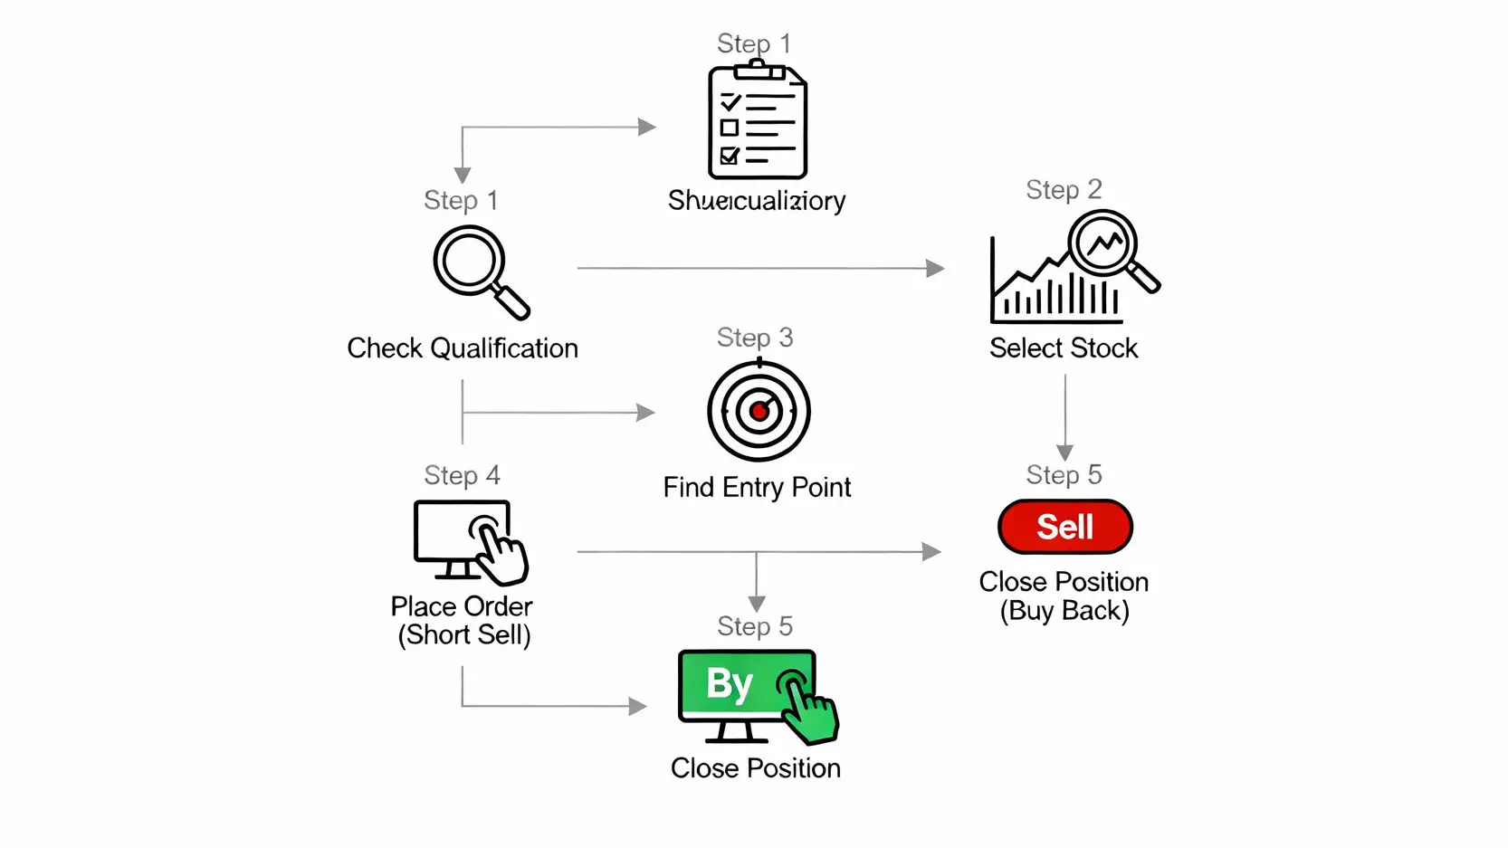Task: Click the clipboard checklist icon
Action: pos(757,121)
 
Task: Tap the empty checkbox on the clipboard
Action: pos(730,128)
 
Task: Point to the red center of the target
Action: pos(759,412)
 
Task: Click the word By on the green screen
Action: pos(730,684)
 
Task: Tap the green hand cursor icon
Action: pos(808,709)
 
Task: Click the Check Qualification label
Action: pos(463,348)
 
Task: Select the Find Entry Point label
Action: pos(757,488)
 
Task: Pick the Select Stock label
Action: pos(1064,348)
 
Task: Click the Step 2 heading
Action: pos(1064,190)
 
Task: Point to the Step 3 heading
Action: pos(755,338)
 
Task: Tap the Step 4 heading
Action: pos(462,475)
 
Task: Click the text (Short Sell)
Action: pos(464,635)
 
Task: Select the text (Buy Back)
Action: pos(1064,611)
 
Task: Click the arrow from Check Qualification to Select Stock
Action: pos(760,268)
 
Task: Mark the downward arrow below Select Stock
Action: pos(1065,416)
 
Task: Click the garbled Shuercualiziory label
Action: pos(757,200)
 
